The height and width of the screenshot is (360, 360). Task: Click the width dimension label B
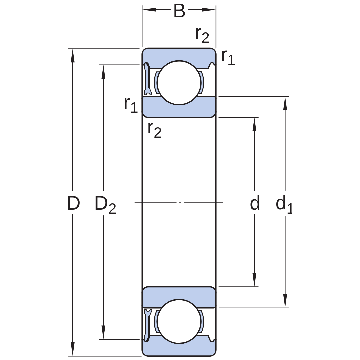[x=179, y=11]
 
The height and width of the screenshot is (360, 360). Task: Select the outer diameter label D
[x=73, y=203]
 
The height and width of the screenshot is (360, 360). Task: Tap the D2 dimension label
[x=105, y=204]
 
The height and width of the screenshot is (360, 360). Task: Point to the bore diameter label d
[x=255, y=203]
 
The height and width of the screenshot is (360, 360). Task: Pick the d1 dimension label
[x=284, y=204]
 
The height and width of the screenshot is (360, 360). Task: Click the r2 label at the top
[x=202, y=35]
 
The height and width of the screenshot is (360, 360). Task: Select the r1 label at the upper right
[x=228, y=57]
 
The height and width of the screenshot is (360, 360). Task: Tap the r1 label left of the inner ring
[x=131, y=105]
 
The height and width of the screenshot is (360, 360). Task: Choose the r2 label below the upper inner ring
[x=155, y=130]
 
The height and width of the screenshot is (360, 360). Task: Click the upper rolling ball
[x=179, y=83]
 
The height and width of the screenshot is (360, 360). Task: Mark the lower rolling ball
[x=179, y=321]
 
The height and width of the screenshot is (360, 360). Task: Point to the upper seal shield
[x=147, y=79]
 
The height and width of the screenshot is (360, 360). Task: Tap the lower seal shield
[x=147, y=325]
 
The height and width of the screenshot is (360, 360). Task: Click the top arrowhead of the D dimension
[x=73, y=55]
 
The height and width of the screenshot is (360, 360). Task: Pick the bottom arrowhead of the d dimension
[x=254, y=280]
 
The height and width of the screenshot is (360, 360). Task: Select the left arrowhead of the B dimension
[x=149, y=10]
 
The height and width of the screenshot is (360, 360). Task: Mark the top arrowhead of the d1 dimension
[x=285, y=103]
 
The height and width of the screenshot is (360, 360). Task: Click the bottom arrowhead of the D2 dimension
[x=103, y=332]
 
